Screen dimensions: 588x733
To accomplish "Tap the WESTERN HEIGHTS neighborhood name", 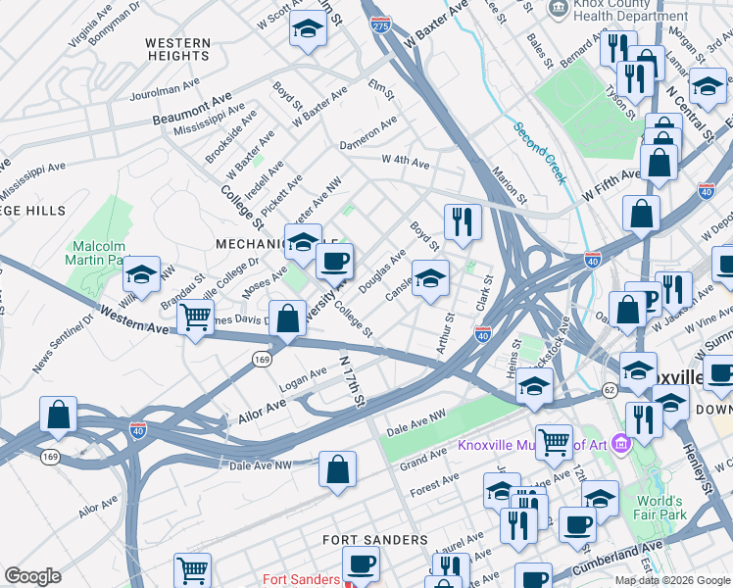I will pyautogui.click(x=177, y=50).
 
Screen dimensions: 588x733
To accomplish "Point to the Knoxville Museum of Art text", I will pyautogui.click(x=533, y=445).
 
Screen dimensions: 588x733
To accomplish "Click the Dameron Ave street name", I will pyautogui.click(x=367, y=132).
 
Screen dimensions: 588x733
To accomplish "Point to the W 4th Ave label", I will pyautogui.click(x=406, y=160).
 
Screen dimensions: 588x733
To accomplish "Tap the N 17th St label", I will pyautogui.click(x=352, y=381).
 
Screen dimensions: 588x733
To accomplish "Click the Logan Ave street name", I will pyautogui.click(x=305, y=374).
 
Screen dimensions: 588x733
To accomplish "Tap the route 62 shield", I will pyautogui.click(x=609, y=390).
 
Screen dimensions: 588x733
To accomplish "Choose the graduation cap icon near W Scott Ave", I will pyautogui.click(x=308, y=29).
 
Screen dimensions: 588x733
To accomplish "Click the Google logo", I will pyautogui.click(x=32, y=576).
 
